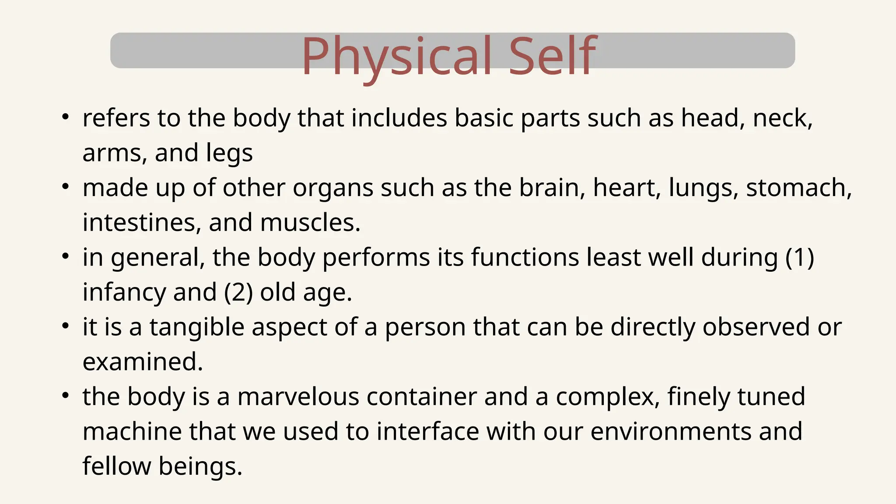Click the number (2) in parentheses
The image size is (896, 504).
click(x=238, y=292)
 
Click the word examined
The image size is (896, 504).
click(x=143, y=362)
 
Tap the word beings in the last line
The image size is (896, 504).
click(x=200, y=466)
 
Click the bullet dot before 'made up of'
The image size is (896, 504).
click(x=65, y=187)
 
